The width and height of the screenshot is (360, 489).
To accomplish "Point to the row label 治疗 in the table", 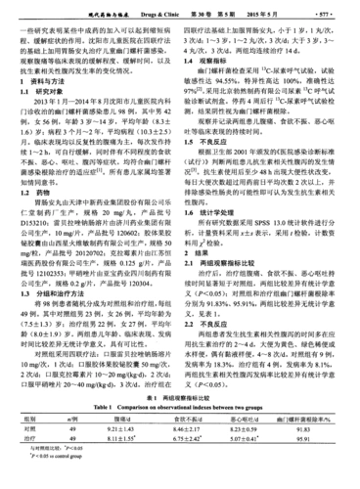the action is coord(30,456).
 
